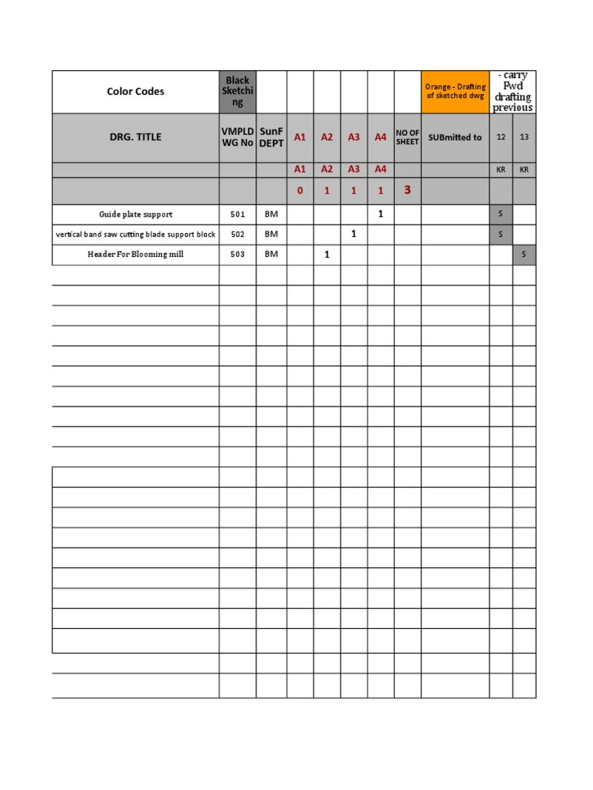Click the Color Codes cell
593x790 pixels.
135,92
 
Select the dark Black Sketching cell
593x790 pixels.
238,92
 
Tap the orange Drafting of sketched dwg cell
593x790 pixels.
456,92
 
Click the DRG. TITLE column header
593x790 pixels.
135,137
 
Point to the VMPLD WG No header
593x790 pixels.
238,137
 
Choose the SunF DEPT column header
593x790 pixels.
272,137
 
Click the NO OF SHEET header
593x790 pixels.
408,137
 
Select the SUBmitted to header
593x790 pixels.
455,137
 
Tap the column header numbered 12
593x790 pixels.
501,137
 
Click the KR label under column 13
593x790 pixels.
524,170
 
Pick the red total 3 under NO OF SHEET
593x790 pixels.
408,190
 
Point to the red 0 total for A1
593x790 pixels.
300,191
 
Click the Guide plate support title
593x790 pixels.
136,214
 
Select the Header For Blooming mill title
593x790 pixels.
136,255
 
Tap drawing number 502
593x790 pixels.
237,235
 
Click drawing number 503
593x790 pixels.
237,255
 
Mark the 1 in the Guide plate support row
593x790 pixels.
381,214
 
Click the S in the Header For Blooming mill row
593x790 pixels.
524,255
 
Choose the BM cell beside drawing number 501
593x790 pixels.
272,214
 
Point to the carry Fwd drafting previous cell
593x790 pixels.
513,92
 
